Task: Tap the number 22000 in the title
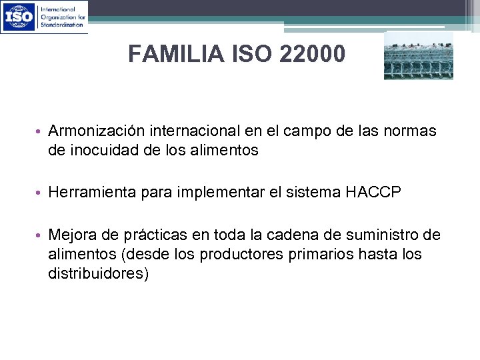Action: pyautogui.click(x=313, y=54)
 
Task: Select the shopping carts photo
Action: pyautogui.click(x=418, y=56)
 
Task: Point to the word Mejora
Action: pyautogui.click(x=71, y=235)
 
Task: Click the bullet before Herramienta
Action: pyautogui.click(x=41, y=193)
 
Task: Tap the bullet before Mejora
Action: pyautogui.click(x=41, y=236)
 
